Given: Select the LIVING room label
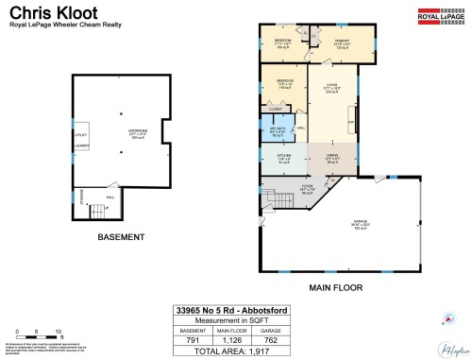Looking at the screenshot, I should point(331,87).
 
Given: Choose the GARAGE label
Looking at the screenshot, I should point(360,223).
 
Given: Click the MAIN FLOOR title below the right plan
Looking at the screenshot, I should point(336,286).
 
